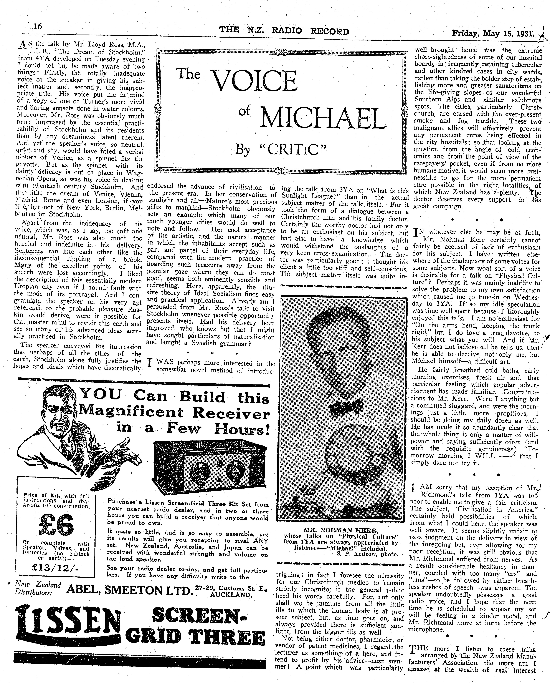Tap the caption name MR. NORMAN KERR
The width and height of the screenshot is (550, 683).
click(x=341, y=530)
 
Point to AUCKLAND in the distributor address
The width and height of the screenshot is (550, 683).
click(x=231, y=595)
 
